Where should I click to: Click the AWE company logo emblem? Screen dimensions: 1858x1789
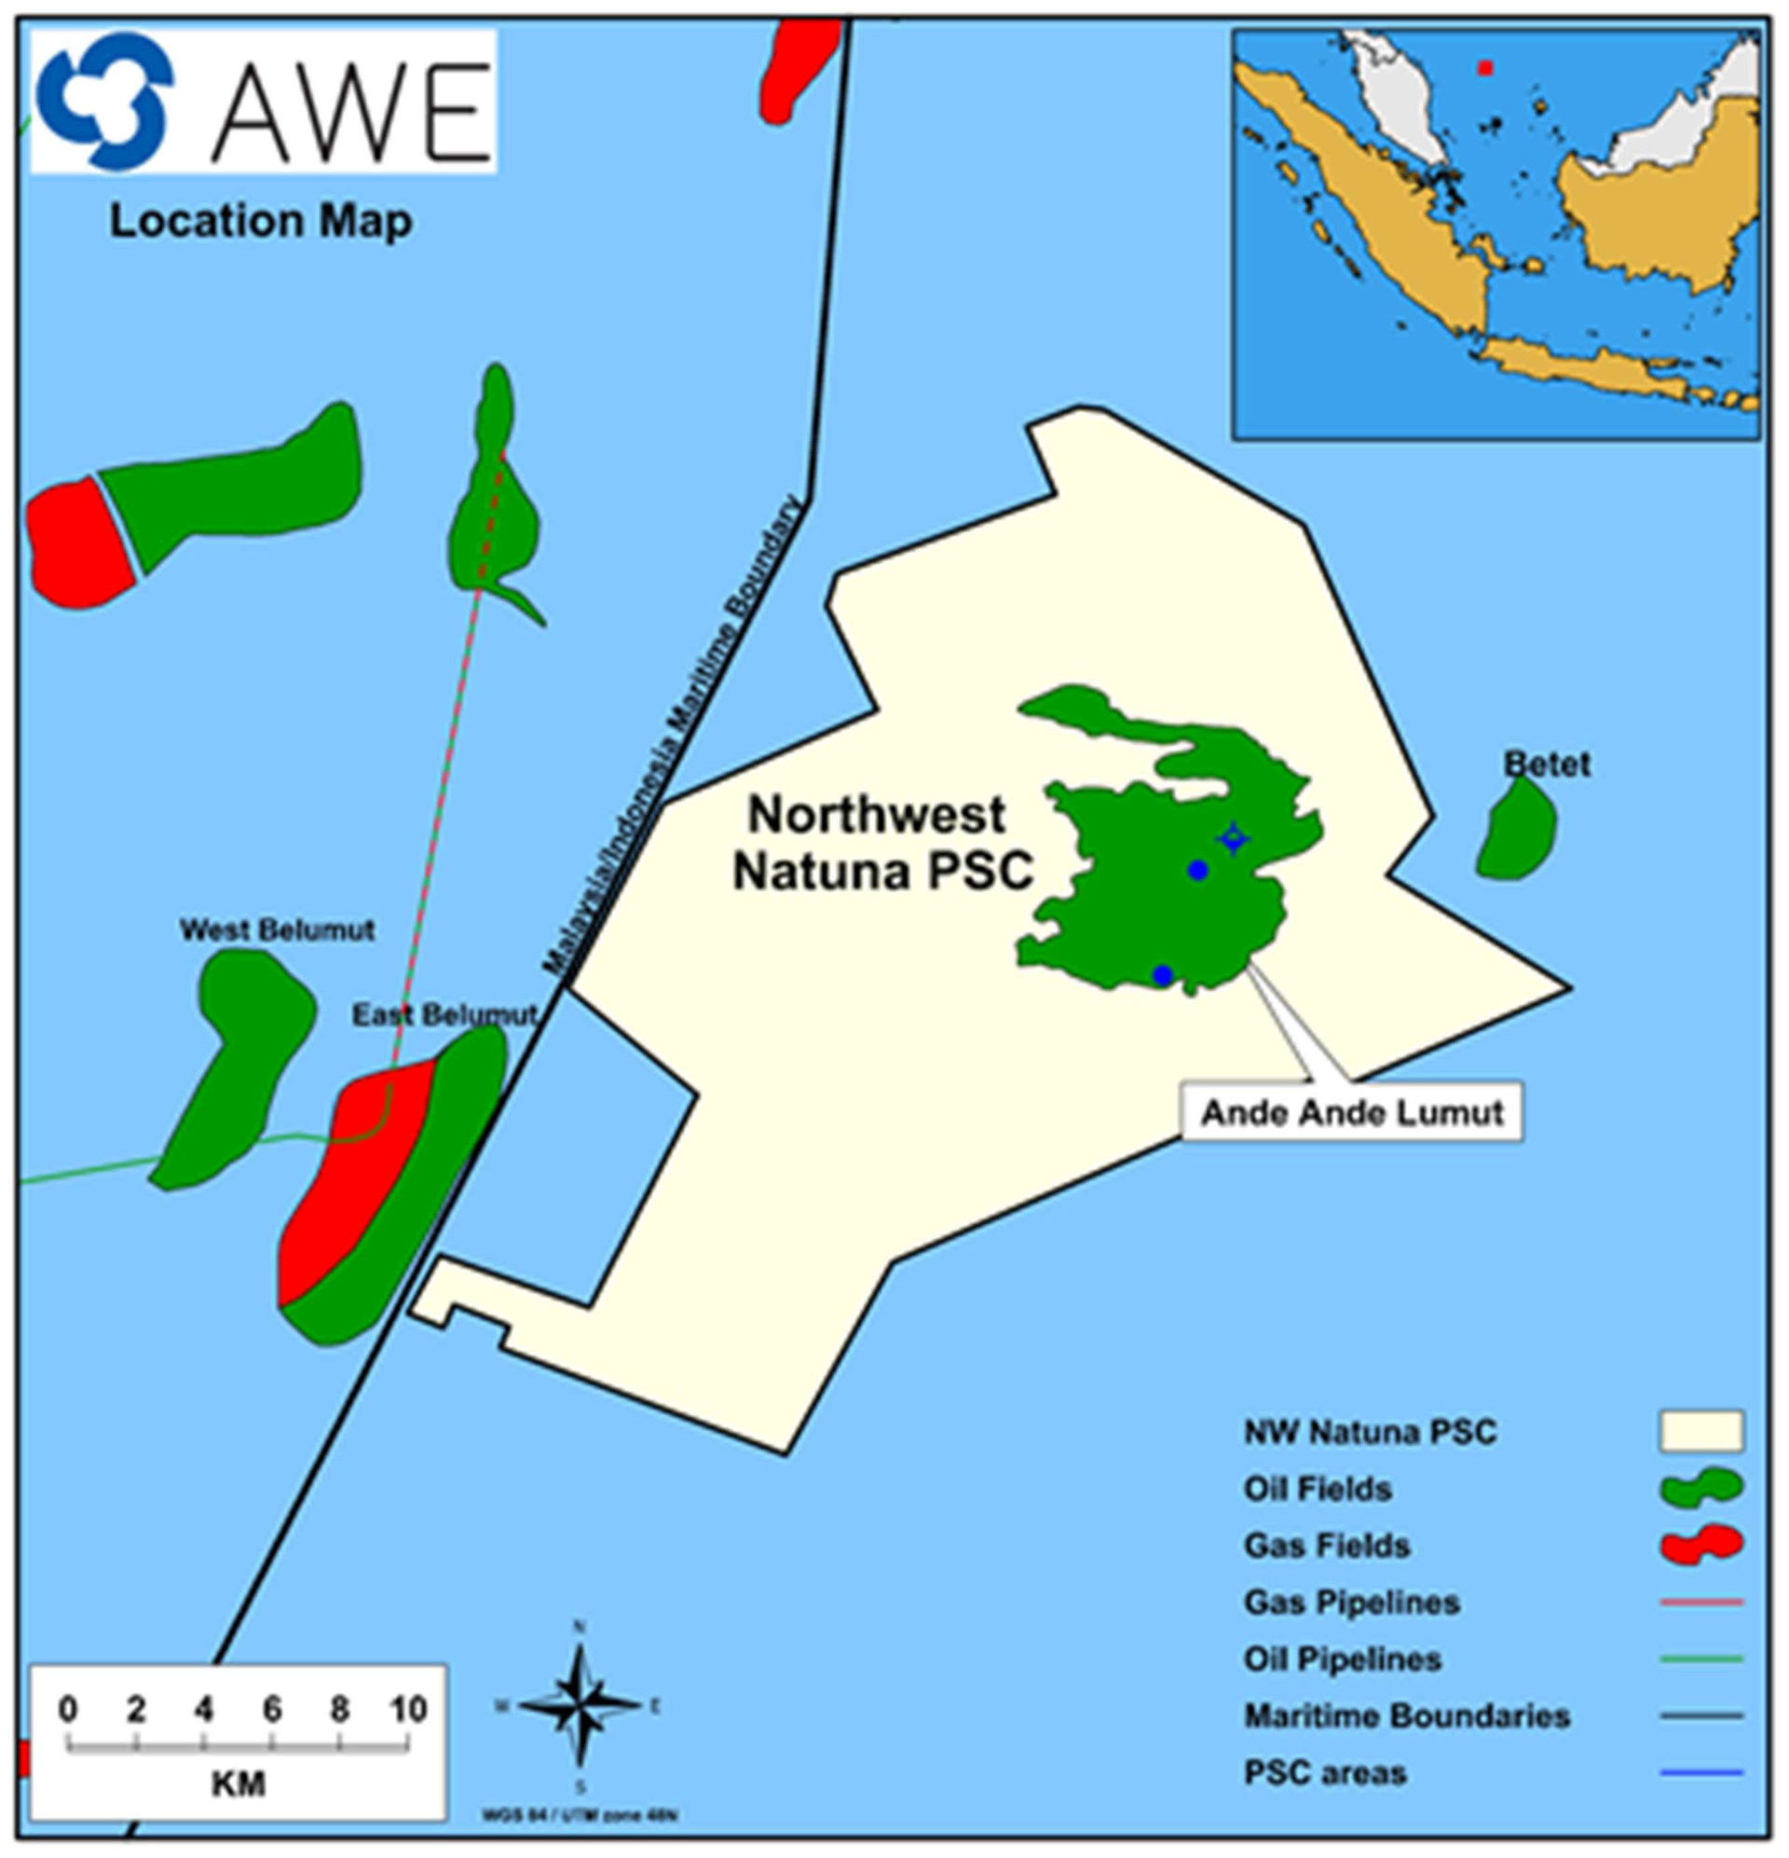click(104, 101)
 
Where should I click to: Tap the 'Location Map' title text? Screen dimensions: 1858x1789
click(262, 222)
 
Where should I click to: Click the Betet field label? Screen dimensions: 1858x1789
click(1548, 764)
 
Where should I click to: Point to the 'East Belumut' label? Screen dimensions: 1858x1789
click(444, 1015)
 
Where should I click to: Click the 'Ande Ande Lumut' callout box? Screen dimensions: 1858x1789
click(1352, 1113)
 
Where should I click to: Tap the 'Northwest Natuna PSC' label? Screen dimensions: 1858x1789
click(881, 843)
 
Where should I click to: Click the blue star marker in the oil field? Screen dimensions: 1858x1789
click(1233, 839)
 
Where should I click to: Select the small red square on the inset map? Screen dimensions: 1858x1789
click(1486, 68)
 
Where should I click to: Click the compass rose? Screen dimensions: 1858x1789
click(580, 1705)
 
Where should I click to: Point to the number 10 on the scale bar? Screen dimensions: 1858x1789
click(407, 1709)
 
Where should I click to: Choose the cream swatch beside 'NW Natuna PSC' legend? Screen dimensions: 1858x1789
click(1700, 1431)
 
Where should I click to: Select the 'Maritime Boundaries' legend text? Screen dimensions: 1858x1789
click(1407, 1715)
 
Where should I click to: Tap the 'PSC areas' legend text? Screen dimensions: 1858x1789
click(1325, 1772)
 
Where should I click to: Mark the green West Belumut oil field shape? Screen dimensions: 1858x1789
click(237, 1062)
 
